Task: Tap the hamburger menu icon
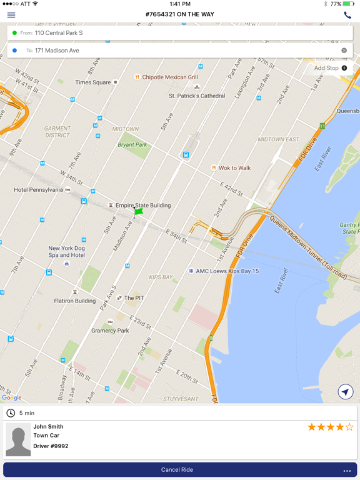(x=11, y=14)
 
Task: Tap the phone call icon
(x=347, y=14)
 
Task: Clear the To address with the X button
(x=344, y=51)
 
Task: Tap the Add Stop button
(x=331, y=68)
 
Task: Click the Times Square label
(x=93, y=82)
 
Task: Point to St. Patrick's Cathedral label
(x=197, y=96)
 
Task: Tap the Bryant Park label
(x=132, y=145)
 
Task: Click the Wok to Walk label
(x=234, y=168)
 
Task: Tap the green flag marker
(x=138, y=212)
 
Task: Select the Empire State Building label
(x=142, y=205)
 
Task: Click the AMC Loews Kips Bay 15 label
(x=227, y=271)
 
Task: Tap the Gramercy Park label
(x=110, y=331)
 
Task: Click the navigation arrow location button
(x=345, y=392)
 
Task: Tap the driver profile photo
(x=18, y=440)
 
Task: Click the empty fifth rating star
(x=349, y=427)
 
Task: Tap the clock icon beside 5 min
(x=11, y=413)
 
